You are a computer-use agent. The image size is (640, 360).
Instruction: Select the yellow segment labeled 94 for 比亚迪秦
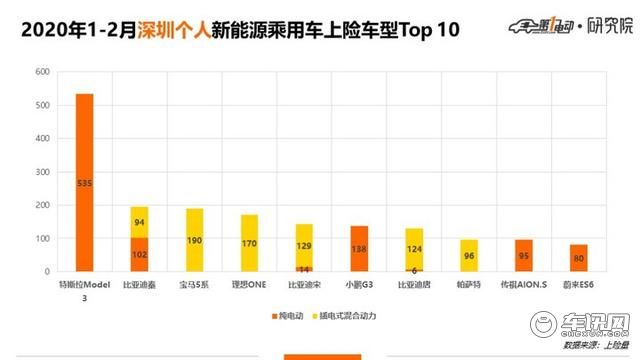coord(140,222)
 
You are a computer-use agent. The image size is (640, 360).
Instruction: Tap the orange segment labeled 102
coord(140,254)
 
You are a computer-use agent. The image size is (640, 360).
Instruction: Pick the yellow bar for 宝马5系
coord(195,240)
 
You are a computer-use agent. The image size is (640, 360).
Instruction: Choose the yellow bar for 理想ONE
coord(249,243)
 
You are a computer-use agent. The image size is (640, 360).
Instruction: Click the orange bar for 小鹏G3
coord(358,248)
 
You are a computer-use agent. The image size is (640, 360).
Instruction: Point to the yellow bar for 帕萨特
coord(468,255)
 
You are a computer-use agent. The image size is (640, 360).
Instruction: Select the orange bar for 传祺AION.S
coord(523,255)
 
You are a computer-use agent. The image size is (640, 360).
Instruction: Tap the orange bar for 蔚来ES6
coord(578,258)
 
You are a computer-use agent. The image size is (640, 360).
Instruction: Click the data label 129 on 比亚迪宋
coord(304,245)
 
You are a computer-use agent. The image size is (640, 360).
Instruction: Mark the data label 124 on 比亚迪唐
coord(413,248)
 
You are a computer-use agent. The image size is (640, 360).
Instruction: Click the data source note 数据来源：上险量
coord(592,345)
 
